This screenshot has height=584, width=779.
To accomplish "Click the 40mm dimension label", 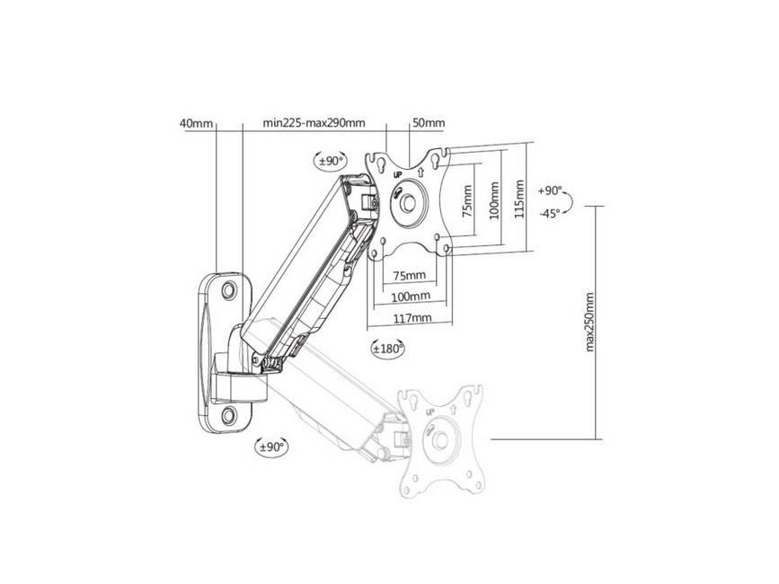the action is point(196,123).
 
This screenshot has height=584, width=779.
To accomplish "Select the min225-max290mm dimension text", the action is point(314,123).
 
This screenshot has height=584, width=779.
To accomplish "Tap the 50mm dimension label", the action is point(429,123).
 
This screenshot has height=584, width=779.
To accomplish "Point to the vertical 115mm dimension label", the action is point(519,199).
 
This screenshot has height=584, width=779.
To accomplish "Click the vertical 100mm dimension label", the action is point(494,201).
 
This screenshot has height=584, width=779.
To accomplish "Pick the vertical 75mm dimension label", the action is point(467,201).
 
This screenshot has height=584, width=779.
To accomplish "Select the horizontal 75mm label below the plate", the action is point(410,276).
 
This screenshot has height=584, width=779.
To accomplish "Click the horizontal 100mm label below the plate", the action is point(411,297).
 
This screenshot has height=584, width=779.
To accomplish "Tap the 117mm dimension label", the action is point(412,318).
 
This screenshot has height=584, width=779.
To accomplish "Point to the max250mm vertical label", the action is point(589,322).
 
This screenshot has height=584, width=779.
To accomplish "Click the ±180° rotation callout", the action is point(388,349).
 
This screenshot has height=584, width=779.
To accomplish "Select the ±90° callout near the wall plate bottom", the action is point(271,447).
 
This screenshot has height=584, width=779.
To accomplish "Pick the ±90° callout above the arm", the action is point(332,161).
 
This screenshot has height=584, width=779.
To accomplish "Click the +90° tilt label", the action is point(550,190).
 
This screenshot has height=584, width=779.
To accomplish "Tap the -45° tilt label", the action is point(550,213).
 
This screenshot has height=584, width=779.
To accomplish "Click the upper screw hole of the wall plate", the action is point(229,289).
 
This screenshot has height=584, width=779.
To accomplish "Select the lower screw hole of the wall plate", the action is point(229,415).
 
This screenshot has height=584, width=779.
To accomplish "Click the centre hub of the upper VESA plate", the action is point(409,203).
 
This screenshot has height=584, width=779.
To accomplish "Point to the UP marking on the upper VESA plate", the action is point(397,175).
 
